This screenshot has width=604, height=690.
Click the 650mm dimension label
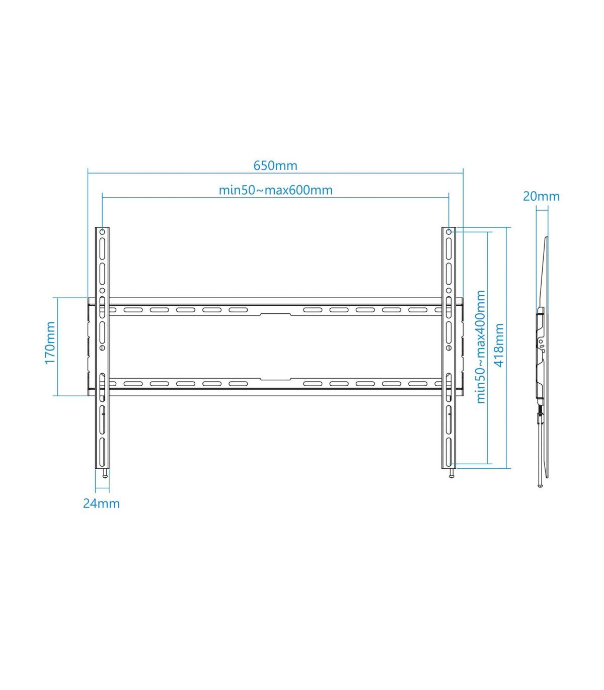(x=275, y=165)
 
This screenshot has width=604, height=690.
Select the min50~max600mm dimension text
(x=275, y=190)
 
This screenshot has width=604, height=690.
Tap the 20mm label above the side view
(x=541, y=196)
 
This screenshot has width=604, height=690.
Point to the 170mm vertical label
(x=50, y=343)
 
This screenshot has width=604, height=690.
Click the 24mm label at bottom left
(x=101, y=503)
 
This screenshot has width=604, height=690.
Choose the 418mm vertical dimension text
(x=499, y=345)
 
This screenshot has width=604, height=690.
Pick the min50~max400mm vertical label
(x=481, y=347)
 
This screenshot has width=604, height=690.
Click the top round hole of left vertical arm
(x=103, y=233)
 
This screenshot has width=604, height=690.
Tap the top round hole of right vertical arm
(x=448, y=233)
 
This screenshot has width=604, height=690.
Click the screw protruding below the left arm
(x=105, y=474)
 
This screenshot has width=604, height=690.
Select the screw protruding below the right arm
(x=451, y=474)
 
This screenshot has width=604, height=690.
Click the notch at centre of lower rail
(x=275, y=379)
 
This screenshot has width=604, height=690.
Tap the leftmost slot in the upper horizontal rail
(x=130, y=310)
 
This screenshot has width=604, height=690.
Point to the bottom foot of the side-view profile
(x=540, y=485)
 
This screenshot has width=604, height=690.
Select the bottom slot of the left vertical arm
(x=103, y=448)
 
